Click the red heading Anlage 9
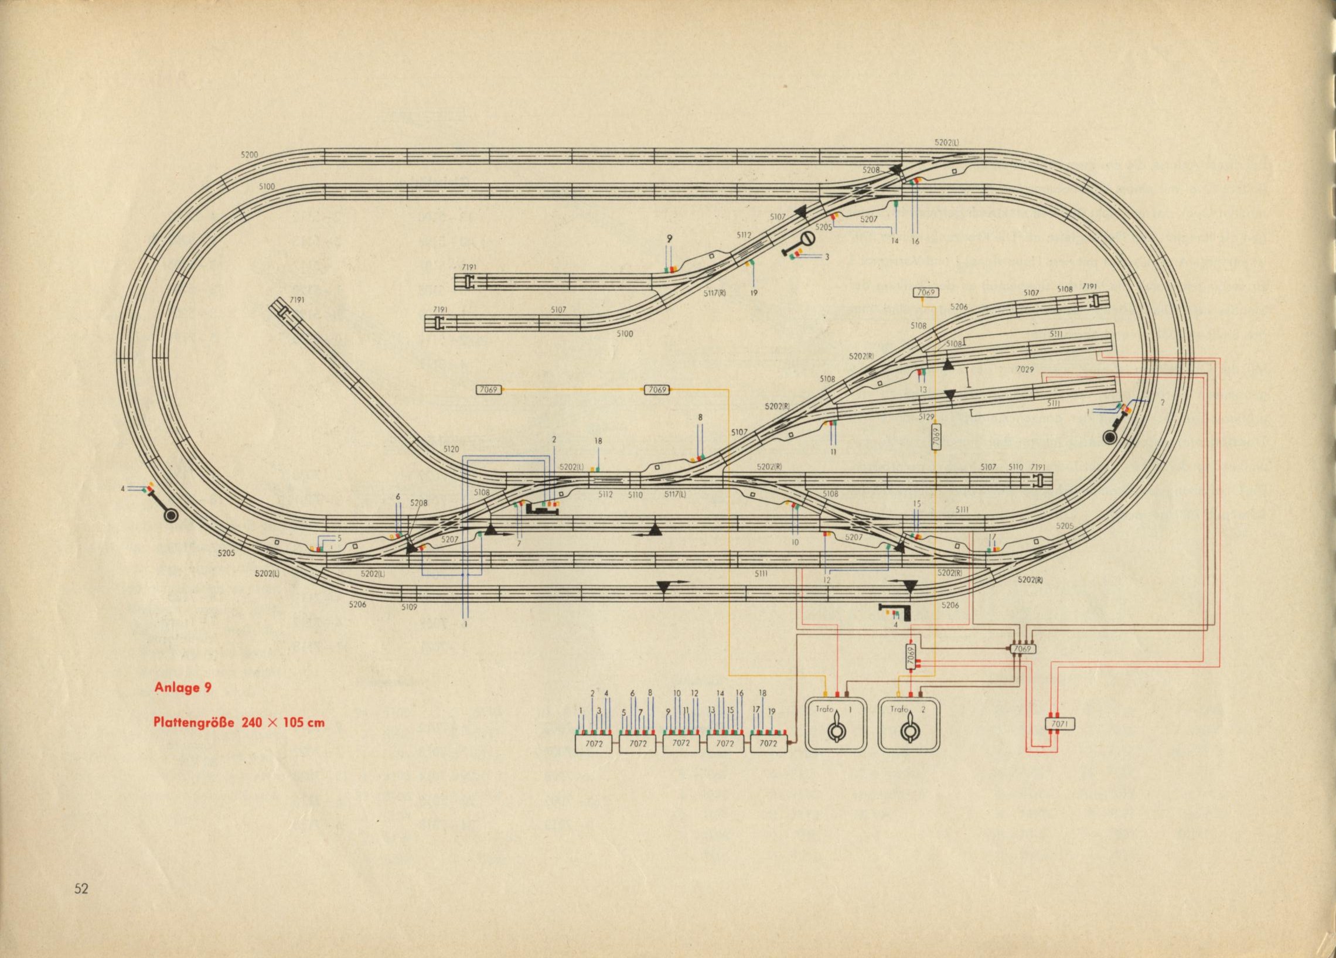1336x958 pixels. (x=183, y=687)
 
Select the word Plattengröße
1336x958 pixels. (x=194, y=722)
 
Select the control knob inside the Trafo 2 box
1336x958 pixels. (x=908, y=731)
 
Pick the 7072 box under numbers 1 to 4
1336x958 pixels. (x=594, y=744)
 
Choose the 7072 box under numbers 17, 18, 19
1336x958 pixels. (x=768, y=744)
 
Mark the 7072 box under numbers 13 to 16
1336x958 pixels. (x=725, y=744)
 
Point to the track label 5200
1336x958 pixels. (x=249, y=154)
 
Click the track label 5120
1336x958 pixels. (x=451, y=449)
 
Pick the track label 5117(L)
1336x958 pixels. (x=674, y=495)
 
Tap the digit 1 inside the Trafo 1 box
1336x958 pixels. (x=850, y=710)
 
